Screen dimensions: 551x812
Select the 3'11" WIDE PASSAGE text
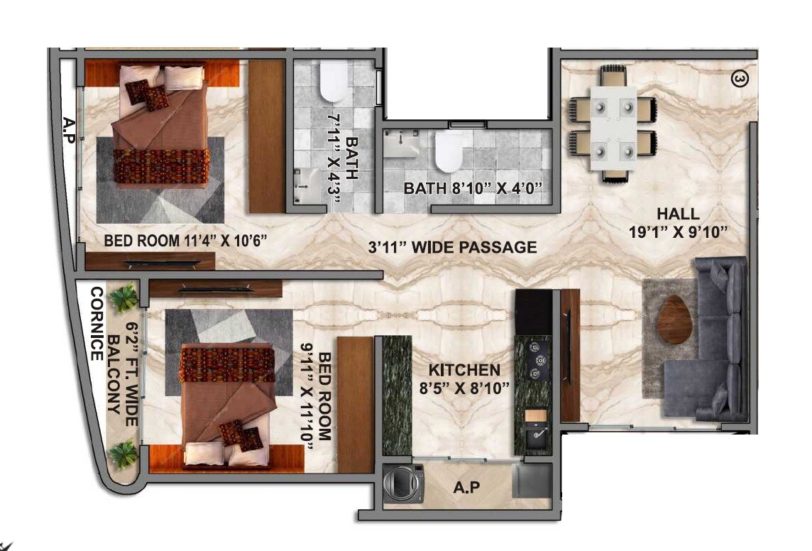452,248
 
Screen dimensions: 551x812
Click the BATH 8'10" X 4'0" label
473,189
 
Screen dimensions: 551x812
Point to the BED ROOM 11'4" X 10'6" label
185,241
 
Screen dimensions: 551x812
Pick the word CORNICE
97,324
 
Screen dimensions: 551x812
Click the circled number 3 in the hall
739,80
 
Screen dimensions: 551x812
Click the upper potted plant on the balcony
126,299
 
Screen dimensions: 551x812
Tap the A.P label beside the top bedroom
69,126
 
